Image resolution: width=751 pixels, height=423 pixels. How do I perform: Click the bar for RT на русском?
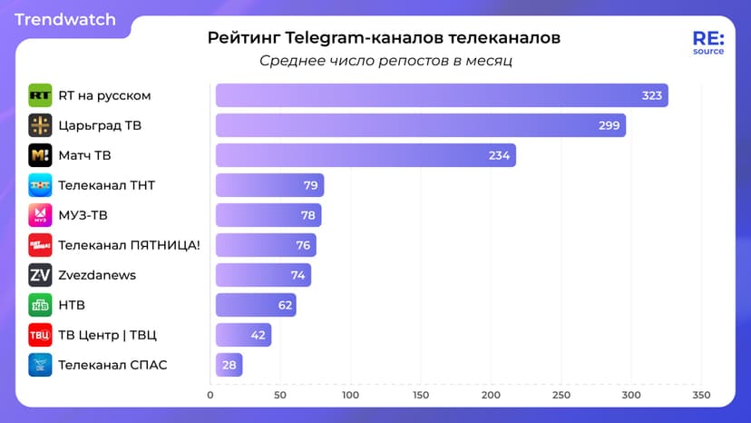point(441,95)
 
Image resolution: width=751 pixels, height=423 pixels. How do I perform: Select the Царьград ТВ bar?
point(420,125)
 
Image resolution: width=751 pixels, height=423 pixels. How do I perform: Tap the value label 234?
point(499,155)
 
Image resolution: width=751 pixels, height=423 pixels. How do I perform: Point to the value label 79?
point(310,185)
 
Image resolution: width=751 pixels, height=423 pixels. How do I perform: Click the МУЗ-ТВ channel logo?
point(40,215)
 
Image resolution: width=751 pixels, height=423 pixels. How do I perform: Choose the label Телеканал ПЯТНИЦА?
point(129,245)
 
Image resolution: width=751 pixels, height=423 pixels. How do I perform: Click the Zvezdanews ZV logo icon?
point(40,275)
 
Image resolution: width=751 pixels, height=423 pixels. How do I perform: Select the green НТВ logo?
point(40,305)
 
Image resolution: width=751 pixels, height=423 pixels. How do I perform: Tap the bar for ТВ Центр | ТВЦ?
point(243,335)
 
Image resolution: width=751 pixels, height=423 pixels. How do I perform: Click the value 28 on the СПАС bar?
point(229,365)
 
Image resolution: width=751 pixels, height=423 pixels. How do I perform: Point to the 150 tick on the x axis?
point(421,396)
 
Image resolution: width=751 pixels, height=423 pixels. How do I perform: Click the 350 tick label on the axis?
point(701,396)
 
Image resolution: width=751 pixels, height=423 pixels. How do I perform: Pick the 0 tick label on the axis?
point(210,396)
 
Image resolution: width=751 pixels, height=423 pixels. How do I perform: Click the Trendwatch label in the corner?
point(65,19)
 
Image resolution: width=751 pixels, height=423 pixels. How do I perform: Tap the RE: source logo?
point(707,43)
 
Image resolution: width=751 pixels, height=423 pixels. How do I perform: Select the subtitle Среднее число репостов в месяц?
point(386,61)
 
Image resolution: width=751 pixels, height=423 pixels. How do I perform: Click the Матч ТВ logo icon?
point(40,155)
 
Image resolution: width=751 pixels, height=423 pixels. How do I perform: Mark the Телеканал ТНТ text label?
point(106,185)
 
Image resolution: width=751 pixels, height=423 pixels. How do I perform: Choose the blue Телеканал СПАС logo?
point(40,365)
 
